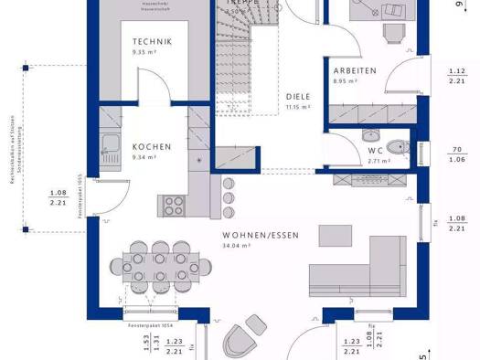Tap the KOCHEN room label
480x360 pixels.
click(151, 147)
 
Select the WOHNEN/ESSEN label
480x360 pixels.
click(260, 236)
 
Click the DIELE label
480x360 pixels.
click(297, 95)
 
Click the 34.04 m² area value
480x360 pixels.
click(261, 246)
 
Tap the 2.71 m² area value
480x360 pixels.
click(379, 161)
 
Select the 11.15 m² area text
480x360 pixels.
click(298, 107)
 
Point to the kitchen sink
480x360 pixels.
click(110, 144)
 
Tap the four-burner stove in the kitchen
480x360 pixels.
click(174, 203)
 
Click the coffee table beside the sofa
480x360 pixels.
click(334, 235)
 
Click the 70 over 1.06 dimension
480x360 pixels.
click(455, 154)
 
